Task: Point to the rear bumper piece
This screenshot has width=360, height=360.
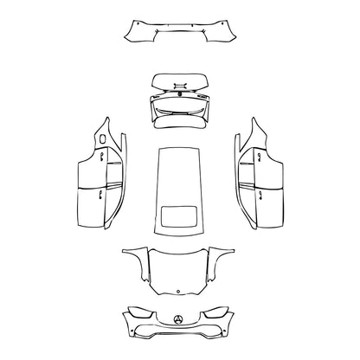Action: tap(180, 34)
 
